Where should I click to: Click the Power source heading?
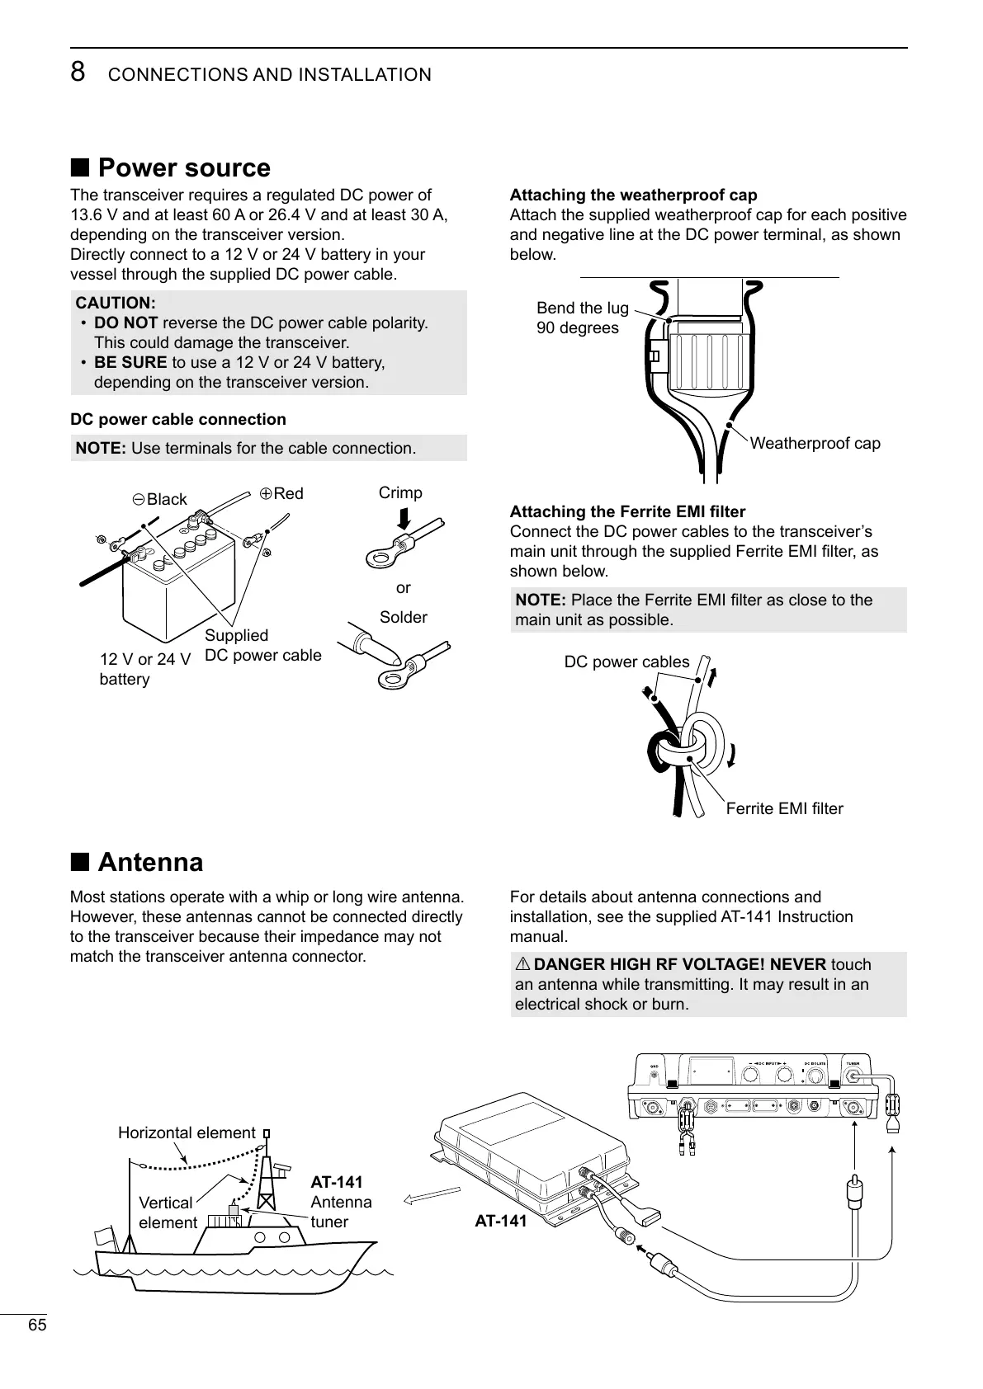(183, 168)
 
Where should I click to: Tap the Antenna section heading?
(149, 863)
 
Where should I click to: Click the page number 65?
(37, 1325)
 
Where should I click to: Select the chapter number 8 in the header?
(78, 73)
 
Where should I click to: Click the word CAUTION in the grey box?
(116, 303)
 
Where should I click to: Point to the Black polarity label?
(160, 500)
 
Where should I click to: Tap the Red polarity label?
(281, 493)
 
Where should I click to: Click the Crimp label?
(400, 492)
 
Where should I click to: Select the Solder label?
(404, 617)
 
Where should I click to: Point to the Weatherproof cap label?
(815, 444)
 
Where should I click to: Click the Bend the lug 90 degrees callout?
(582, 318)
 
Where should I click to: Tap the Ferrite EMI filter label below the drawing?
(784, 808)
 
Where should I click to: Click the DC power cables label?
(626, 662)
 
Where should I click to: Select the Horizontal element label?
(187, 1132)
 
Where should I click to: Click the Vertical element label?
(168, 1212)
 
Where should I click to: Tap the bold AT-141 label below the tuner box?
(500, 1221)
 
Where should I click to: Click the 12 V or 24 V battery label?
(144, 669)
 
